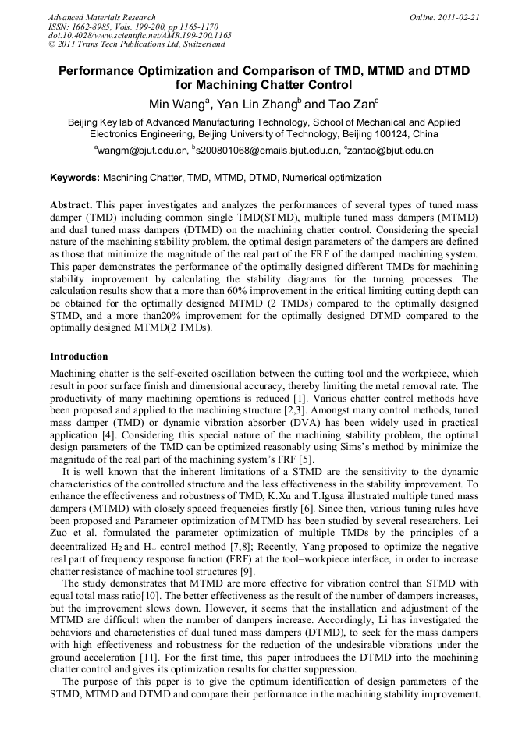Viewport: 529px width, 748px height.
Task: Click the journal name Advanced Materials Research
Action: pyautogui.click(x=101, y=17)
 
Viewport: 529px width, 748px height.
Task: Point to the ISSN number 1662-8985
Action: pyautogui.click(x=95, y=27)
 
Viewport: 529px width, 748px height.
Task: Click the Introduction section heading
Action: pyautogui.click(x=79, y=356)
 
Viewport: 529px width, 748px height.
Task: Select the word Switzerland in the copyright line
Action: pyautogui.click(x=200, y=44)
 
